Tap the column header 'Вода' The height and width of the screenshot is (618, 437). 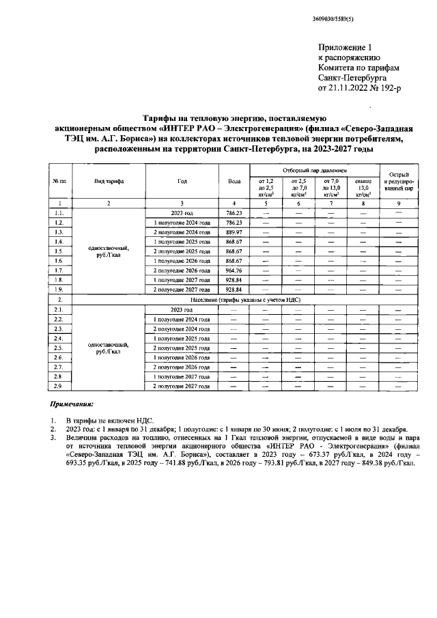tap(234, 180)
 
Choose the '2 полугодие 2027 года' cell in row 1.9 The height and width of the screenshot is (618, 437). tap(181, 290)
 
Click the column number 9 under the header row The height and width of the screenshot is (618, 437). tap(396, 203)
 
